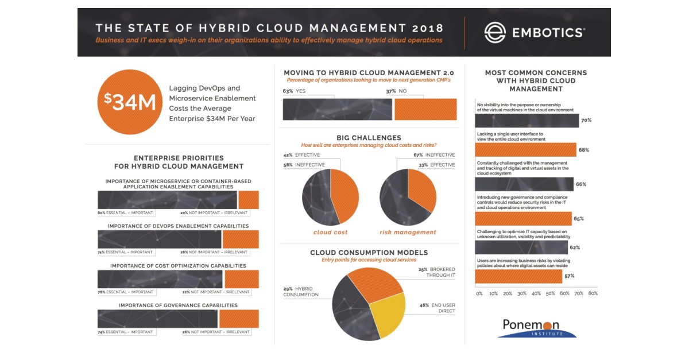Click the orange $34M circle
tap(127, 102)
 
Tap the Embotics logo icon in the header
tap(494, 32)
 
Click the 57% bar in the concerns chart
tap(518, 276)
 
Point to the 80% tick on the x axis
tap(593, 293)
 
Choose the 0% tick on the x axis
tap(479, 293)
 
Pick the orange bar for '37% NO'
tap(425, 109)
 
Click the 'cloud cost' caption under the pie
tap(330, 233)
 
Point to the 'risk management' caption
tap(408, 233)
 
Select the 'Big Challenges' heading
tap(369, 138)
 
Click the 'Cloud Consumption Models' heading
tap(369, 253)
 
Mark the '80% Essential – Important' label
tap(125, 212)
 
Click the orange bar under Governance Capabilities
tap(239, 319)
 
